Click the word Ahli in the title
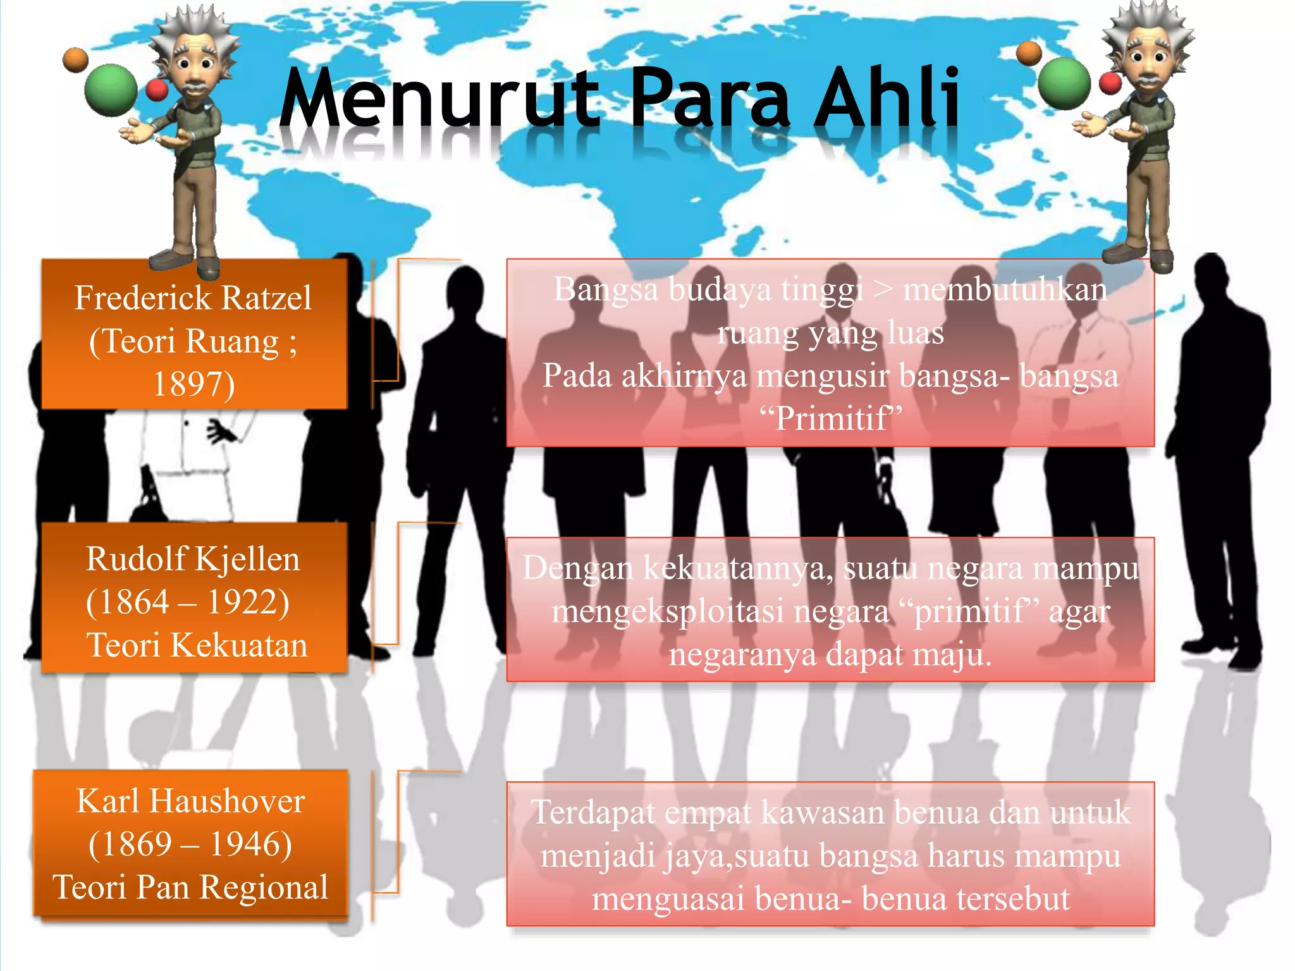[x=887, y=98]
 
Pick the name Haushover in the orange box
[x=226, y=802]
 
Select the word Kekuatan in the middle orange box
[x=239, y=645]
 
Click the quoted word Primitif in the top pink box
[x=831, y=418]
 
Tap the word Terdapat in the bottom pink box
[x=593, y=812]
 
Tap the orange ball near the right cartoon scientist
[x=1029, y=53]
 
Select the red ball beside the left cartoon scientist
[x=157, y=90]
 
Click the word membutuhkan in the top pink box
[x=1005, y=290]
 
